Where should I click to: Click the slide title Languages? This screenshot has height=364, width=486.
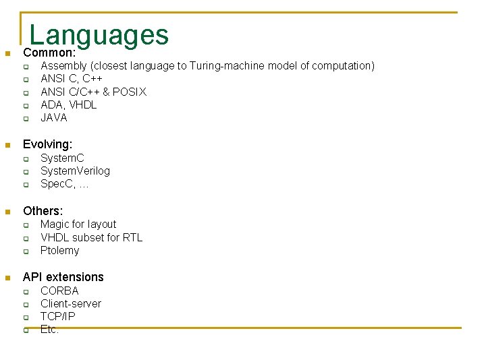(x=99, y=34)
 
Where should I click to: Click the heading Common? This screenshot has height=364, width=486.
(x=49, y=53)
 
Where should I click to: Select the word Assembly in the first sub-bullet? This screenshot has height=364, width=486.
(x=63, y=66)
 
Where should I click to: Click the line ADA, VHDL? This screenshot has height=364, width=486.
(x=68, y=104)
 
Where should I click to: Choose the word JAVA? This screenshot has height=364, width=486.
(x=54, y=117)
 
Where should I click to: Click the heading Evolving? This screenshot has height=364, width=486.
(x=47, y=144)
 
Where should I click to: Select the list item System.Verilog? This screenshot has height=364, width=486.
(x=75, y=171)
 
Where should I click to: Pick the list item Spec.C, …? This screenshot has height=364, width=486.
(x=65, y=184)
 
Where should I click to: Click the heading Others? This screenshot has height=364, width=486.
(x=43, y=211)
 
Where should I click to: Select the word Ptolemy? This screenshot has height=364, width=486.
(x=59, y=251)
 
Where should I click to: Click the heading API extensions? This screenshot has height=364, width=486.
(x=63, y=277)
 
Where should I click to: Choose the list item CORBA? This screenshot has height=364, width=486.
(x=59, y=291)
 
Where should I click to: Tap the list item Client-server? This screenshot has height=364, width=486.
(x=70, y=303)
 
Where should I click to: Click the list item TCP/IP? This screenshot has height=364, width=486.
(x=58, y=316)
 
